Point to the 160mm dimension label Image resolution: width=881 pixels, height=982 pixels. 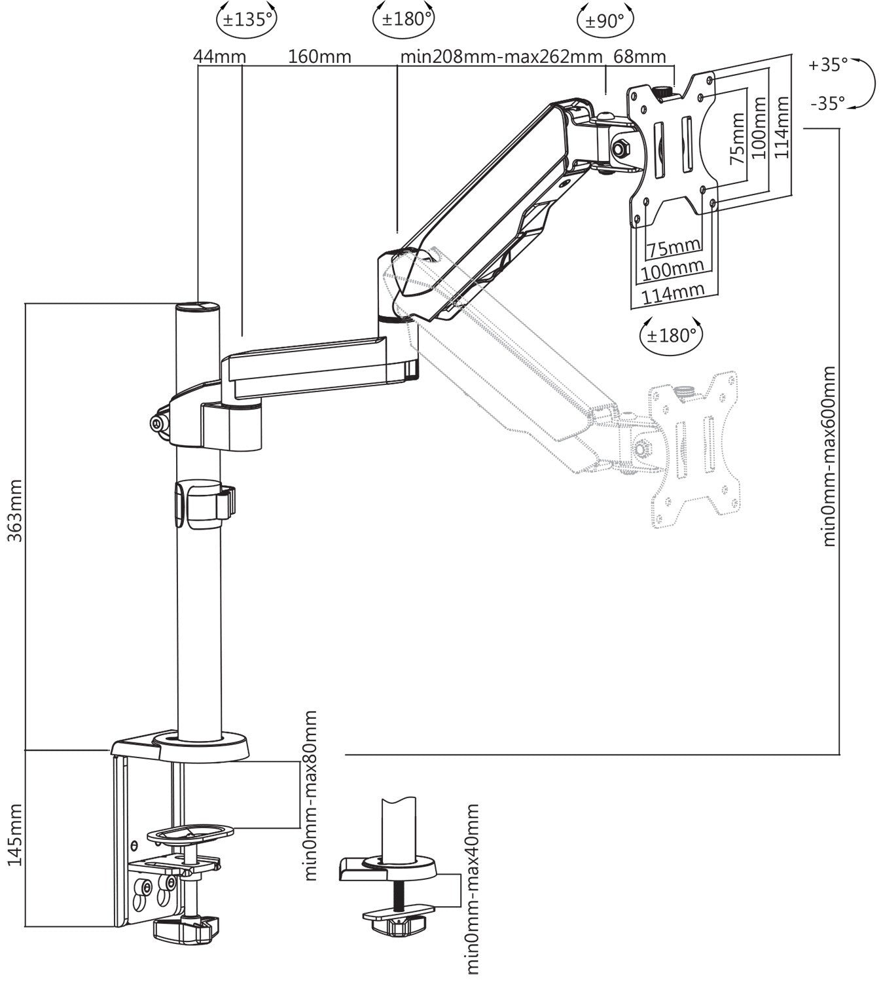tap(319, 56)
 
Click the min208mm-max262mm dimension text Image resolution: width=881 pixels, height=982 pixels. tap(501, 56)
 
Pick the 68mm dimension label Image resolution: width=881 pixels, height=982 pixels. tap(639, 56)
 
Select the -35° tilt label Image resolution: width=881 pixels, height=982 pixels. tap(827, 103)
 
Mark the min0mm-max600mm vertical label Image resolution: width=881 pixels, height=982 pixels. tap(829, 456)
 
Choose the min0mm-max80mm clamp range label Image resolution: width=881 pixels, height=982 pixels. tap(310, 795)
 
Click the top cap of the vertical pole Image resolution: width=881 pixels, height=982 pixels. tap(197, 306)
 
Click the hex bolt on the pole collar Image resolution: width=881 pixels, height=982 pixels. tap(158, 424)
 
